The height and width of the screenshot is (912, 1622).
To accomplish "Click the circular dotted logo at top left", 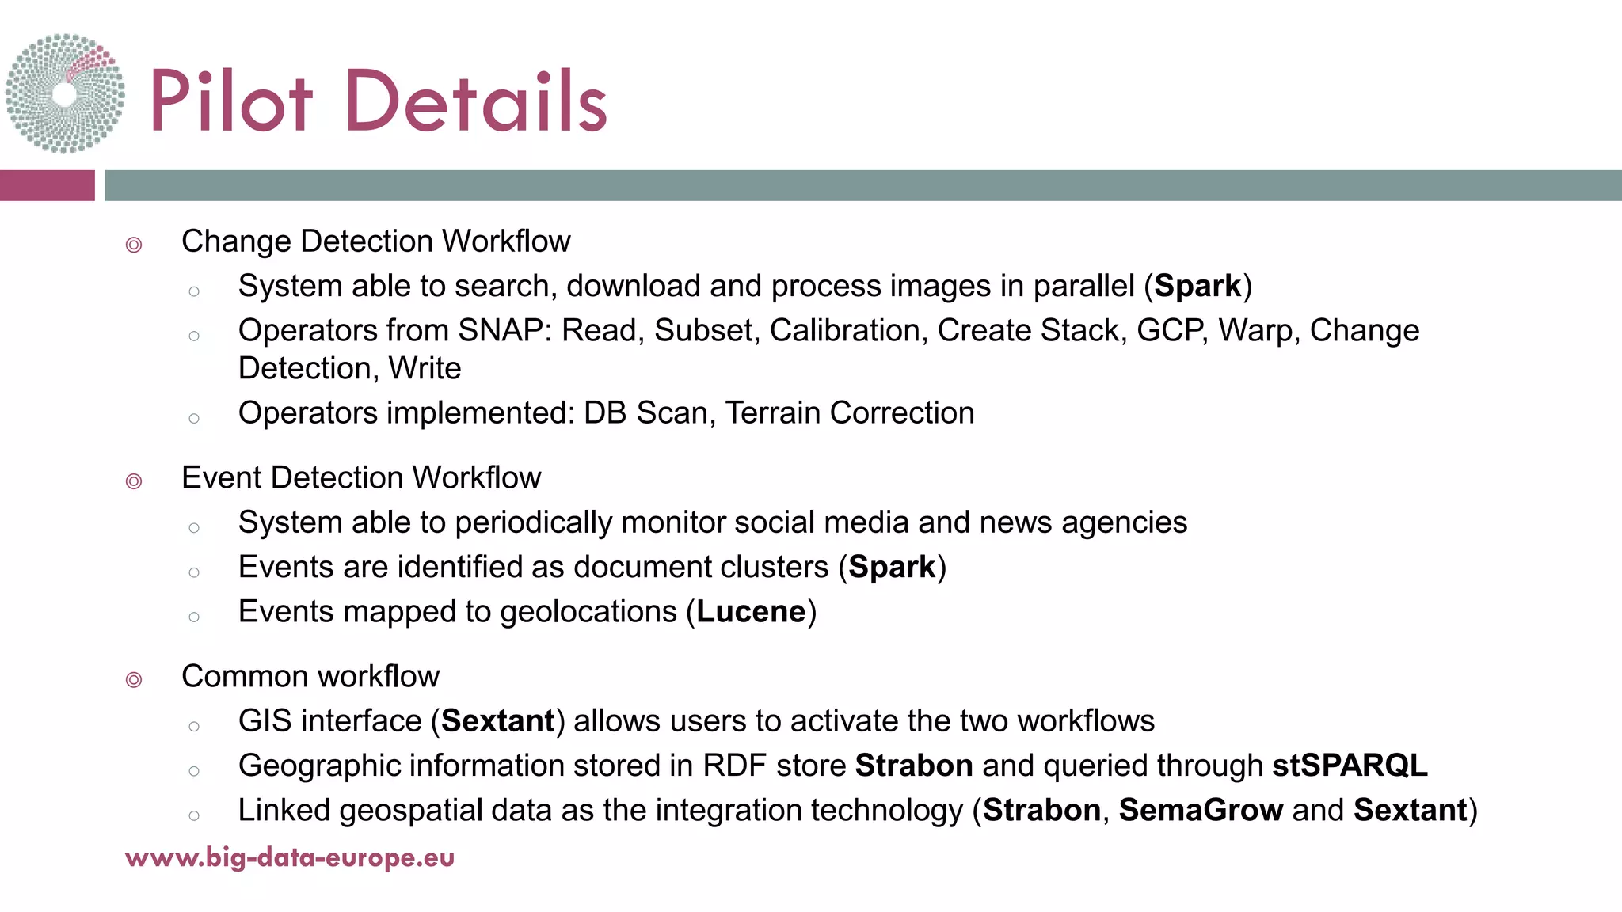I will coord(65,93).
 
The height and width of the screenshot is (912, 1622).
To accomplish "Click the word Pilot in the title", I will coord(230,101).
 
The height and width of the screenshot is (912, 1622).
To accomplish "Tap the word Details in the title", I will coord(476,101).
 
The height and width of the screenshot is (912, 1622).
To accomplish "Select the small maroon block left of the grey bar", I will coord(47,185).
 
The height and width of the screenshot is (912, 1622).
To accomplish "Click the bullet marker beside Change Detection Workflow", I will coord(134,245).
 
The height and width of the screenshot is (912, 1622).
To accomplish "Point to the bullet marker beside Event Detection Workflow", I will coord(134,481).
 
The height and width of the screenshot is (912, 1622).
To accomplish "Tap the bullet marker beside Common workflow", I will coord(134,680).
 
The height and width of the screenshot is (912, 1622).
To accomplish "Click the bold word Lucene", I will coord(751,612).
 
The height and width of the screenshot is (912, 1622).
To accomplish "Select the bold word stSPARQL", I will coord(1350,766).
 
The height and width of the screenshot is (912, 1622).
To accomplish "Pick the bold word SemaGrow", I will coord(1201,811).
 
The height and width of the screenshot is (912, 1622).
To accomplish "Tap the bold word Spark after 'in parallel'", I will coord(1197,287).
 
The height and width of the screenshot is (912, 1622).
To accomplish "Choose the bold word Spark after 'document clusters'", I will coord(892,568).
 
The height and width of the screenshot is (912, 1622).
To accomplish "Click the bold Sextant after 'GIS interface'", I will coord(497,721).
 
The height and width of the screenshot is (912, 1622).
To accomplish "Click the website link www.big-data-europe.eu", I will coord(290,857).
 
